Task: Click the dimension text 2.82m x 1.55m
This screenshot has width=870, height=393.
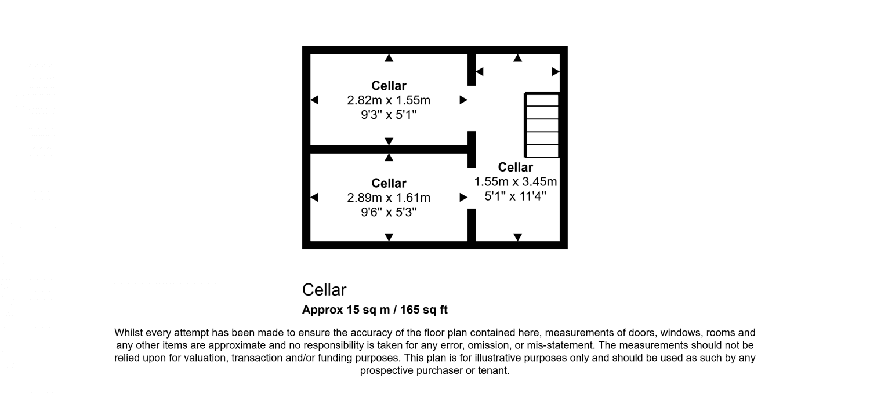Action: click(389, 100)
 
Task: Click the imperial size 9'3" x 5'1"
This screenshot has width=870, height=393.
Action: click(389, 115)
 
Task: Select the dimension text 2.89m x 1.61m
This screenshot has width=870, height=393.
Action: click(389, 198)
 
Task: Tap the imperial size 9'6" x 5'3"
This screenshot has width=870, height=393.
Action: click(389, 212)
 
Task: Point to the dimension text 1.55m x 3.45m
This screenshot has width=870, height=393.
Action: click(516, 181)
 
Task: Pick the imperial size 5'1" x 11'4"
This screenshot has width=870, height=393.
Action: click(516, 196)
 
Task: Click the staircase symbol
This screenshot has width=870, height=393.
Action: click(542, 125)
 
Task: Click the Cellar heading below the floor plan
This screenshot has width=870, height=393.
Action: click(324, 289)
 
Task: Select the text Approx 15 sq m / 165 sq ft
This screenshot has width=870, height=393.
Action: click(375, 310)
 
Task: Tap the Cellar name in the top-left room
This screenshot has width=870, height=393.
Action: click(389, 86)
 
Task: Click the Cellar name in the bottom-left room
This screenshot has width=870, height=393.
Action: click(389, 183)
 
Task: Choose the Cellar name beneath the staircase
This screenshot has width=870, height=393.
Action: click(516, 168)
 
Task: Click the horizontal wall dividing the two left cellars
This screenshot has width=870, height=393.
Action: click(389, 150)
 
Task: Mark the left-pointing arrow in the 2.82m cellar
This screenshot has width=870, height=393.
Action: click(314, 100)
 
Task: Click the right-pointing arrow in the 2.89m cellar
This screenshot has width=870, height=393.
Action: click(463, 198)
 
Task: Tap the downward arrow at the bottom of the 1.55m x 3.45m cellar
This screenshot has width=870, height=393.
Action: click(517, 236)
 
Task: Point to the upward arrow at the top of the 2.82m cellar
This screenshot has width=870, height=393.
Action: click(389, 58)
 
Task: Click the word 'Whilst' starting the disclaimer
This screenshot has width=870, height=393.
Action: click(128, 333)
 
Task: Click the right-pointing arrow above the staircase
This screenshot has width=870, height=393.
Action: click(556, 71)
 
